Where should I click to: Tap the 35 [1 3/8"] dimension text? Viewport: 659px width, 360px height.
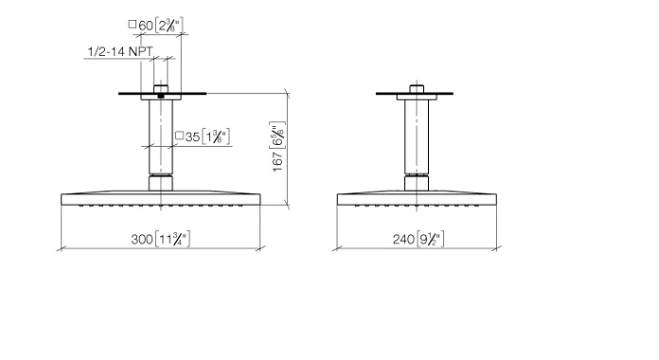(x=205, y=137)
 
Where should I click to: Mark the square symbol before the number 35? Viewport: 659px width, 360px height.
(x=180, y=137)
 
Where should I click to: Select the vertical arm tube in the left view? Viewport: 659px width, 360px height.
(x=160, y=133)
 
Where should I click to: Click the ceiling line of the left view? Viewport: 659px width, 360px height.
(x=199, y=94)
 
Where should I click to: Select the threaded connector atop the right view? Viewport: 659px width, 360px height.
(x=416, y=89)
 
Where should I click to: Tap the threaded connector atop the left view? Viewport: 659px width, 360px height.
(x=161, y=91)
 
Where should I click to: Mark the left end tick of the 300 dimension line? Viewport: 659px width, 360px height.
(x=61, y=248)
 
